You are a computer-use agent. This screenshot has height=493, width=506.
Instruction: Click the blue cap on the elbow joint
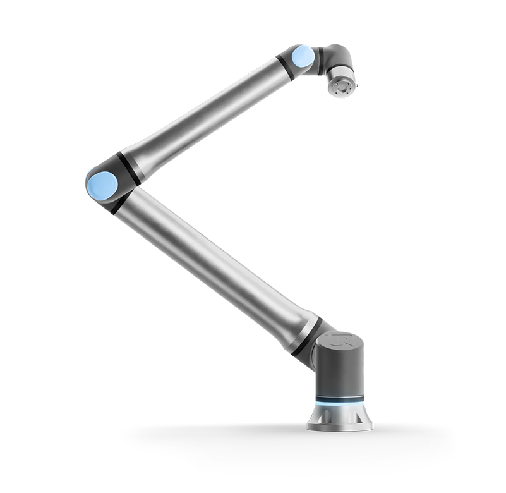102,185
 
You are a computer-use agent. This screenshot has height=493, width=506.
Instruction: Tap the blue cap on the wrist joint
303,57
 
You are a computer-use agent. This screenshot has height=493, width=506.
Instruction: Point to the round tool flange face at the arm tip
340,88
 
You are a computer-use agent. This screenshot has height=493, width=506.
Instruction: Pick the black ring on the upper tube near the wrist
284,67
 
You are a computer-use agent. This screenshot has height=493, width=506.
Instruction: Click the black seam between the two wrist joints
321,60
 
